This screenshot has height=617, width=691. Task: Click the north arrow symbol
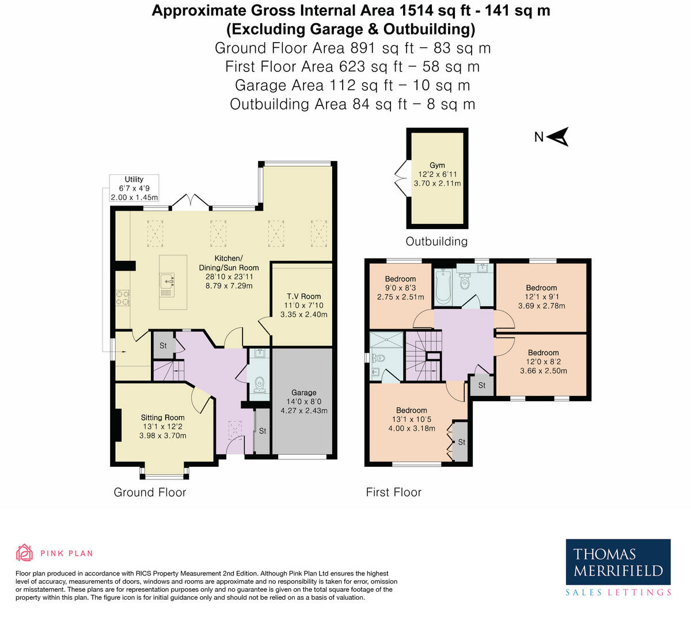coord(558,136)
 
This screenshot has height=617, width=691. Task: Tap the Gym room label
coord(437,165)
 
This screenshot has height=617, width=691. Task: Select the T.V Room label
coord(303,296)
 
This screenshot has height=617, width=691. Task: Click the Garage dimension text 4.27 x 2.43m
coord(304,410)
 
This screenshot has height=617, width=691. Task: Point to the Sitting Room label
coord(163,418)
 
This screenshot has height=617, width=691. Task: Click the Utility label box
coord(134,188)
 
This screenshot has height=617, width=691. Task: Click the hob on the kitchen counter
coord(123,298)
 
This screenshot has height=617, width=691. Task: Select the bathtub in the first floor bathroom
coord(443,287)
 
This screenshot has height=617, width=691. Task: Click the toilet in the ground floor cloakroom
coord(260,383)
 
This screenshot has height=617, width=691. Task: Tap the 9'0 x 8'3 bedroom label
coord(400,288)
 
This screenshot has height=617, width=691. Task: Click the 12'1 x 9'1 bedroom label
coord(541,296)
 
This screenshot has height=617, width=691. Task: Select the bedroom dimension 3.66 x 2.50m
coord(544,371)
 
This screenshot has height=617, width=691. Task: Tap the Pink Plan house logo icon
coord(25,553)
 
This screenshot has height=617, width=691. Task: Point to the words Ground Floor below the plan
coord(150,492)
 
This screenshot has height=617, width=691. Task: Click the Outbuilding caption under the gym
coord(436,241)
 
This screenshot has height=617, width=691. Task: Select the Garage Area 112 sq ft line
coord(352,85)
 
